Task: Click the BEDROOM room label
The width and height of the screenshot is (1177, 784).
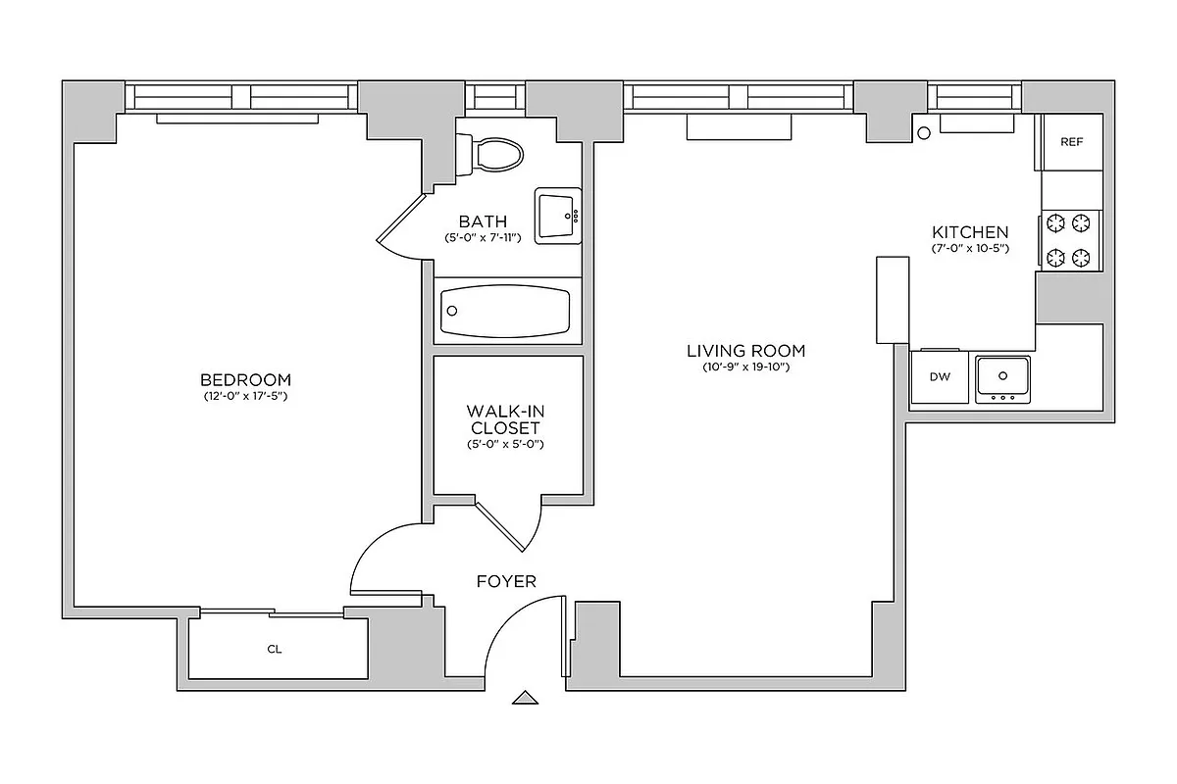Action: pos(245,380)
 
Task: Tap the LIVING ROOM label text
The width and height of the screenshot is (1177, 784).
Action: pos(745,350)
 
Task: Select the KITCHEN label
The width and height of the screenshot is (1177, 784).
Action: pos(969,232)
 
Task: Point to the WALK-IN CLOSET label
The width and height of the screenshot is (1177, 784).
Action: pos(505,419)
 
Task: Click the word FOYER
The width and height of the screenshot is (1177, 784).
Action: pos(506,581)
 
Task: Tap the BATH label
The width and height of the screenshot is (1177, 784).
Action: pos(483,221)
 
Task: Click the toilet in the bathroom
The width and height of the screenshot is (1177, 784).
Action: pos(495,154)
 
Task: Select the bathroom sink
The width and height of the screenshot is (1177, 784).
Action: pos(558,216)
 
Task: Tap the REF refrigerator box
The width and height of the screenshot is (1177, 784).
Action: pos(1072,142)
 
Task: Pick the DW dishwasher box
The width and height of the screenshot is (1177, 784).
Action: pos(940,376)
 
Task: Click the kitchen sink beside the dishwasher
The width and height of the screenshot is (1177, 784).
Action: pos(1002,376)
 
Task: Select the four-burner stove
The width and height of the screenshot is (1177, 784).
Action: pos(1069,240)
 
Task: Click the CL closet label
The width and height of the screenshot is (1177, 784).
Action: pos(274,649)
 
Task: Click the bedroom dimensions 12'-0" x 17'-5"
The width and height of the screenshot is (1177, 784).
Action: pos(245,397)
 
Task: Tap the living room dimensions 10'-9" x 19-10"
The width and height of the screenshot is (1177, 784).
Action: pos(745,367)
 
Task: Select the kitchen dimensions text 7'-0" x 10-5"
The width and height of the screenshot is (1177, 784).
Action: pos(969,249)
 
